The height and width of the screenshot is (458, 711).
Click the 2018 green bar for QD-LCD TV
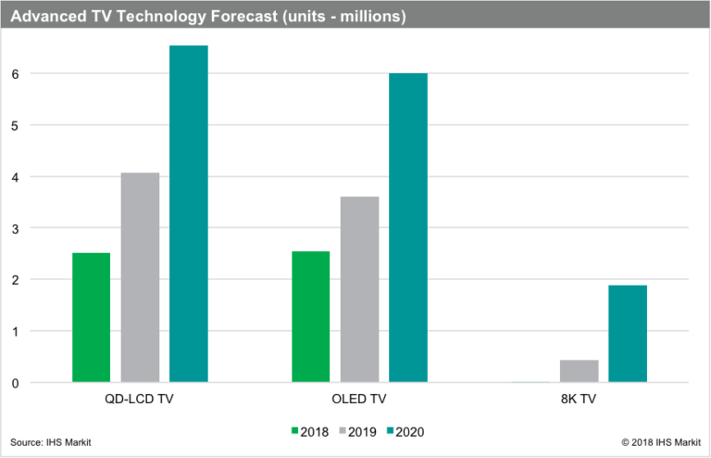[x=92, y=317]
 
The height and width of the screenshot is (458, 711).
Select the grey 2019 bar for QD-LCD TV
[x=140, y=277]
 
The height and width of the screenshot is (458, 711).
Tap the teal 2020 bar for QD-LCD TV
[x=189, y=213]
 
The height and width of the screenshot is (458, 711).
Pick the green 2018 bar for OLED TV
[x=310, y=316]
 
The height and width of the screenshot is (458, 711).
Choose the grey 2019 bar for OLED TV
[x=359, y=289]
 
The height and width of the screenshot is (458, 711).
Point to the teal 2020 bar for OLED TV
[x=408, y=227]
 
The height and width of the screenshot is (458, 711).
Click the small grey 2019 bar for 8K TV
[x=579, y=371]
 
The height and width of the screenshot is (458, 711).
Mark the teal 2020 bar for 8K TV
[x=628, y=334]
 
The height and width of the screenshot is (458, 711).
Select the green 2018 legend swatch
[x=295, y=430]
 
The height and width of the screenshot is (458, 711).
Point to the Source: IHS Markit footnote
[x=51, y=443]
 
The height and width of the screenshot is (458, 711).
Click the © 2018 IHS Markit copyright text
[x=660, y=443]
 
